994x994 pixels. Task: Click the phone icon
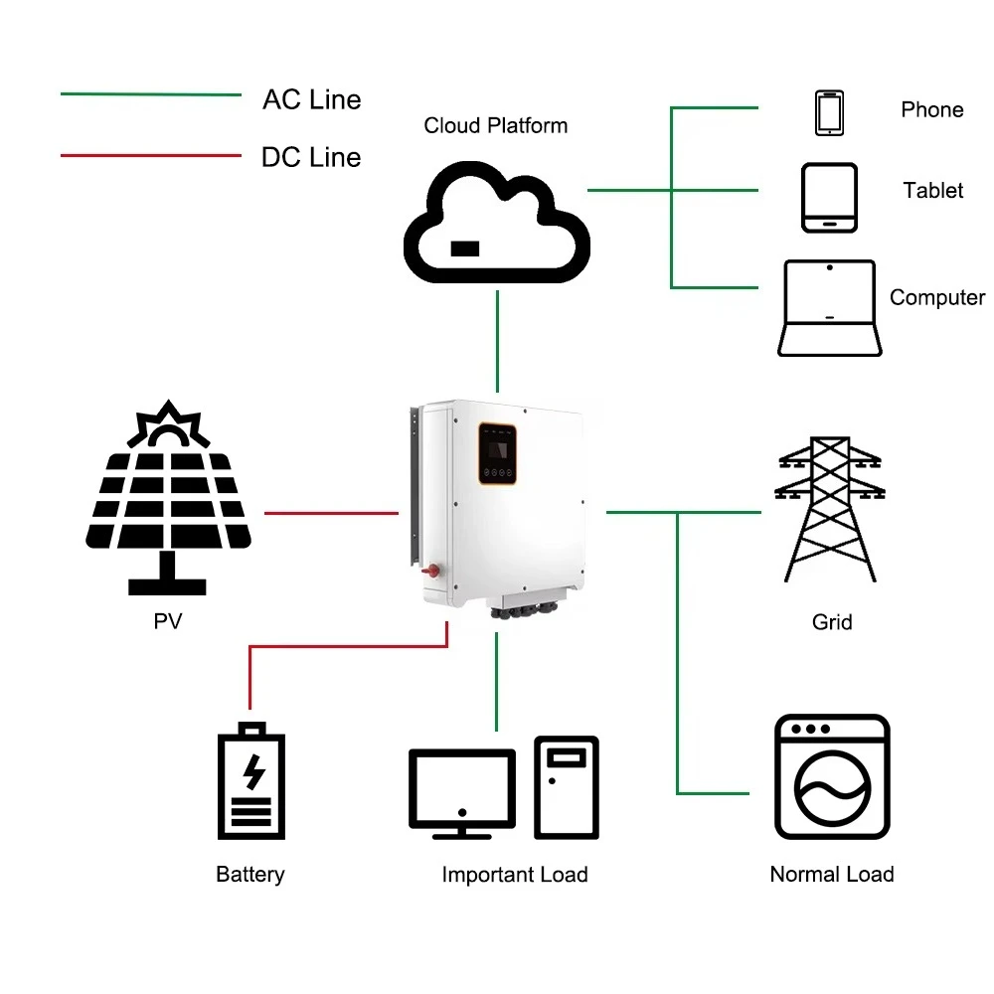tap(830, 113)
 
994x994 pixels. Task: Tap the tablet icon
tap(829, 198)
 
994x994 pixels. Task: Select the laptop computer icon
tap(829, 308)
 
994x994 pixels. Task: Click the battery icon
tap(251, 781)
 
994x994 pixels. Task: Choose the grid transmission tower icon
tap(831, 508)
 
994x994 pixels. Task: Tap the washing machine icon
tap(832, 777)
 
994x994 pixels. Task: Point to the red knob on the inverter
tap(431, 572)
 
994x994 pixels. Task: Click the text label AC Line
tap(311, 99)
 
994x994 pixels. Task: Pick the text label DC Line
tap(311, 157)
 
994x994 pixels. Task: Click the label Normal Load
tap(832, 875)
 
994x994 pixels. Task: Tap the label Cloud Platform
tap(496, 126)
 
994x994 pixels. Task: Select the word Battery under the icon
tap(250, 875)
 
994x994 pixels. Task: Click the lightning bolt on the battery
tap(253, 771)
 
